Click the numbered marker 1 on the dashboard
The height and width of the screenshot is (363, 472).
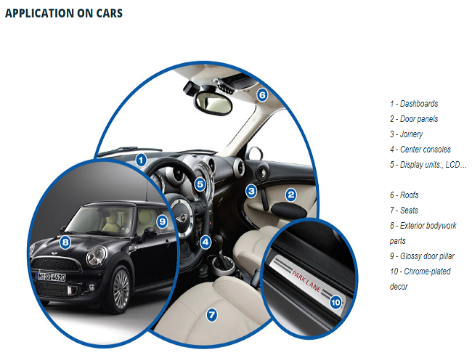tap(141, 159)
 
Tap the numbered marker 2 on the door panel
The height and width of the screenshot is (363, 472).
tap(290, 194)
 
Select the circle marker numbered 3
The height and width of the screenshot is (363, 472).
tap(251, 191)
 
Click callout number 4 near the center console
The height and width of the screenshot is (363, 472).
tap(206, 242)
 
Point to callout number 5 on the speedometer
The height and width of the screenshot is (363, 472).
tap(200, 184)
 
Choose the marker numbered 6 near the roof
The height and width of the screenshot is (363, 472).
tap(262, 94)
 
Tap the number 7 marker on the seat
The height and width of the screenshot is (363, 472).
tap(211, 315)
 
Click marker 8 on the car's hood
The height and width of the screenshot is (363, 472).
tap(65, 242)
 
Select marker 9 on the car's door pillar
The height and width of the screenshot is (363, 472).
tap(162, 221)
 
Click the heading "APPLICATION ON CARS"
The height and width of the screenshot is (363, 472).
tap(64, 13)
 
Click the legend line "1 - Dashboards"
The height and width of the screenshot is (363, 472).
tap(413, 104)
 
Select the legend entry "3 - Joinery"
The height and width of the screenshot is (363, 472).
tap(406, 134)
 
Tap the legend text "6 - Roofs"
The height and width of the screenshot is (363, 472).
tap(404, 195)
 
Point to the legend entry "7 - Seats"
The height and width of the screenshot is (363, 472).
tap(404, 211)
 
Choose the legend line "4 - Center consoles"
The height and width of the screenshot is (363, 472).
tap(420, 150)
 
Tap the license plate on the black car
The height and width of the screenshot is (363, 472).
tap(52, 277)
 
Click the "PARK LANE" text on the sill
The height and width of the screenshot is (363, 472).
tap(306, 280)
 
